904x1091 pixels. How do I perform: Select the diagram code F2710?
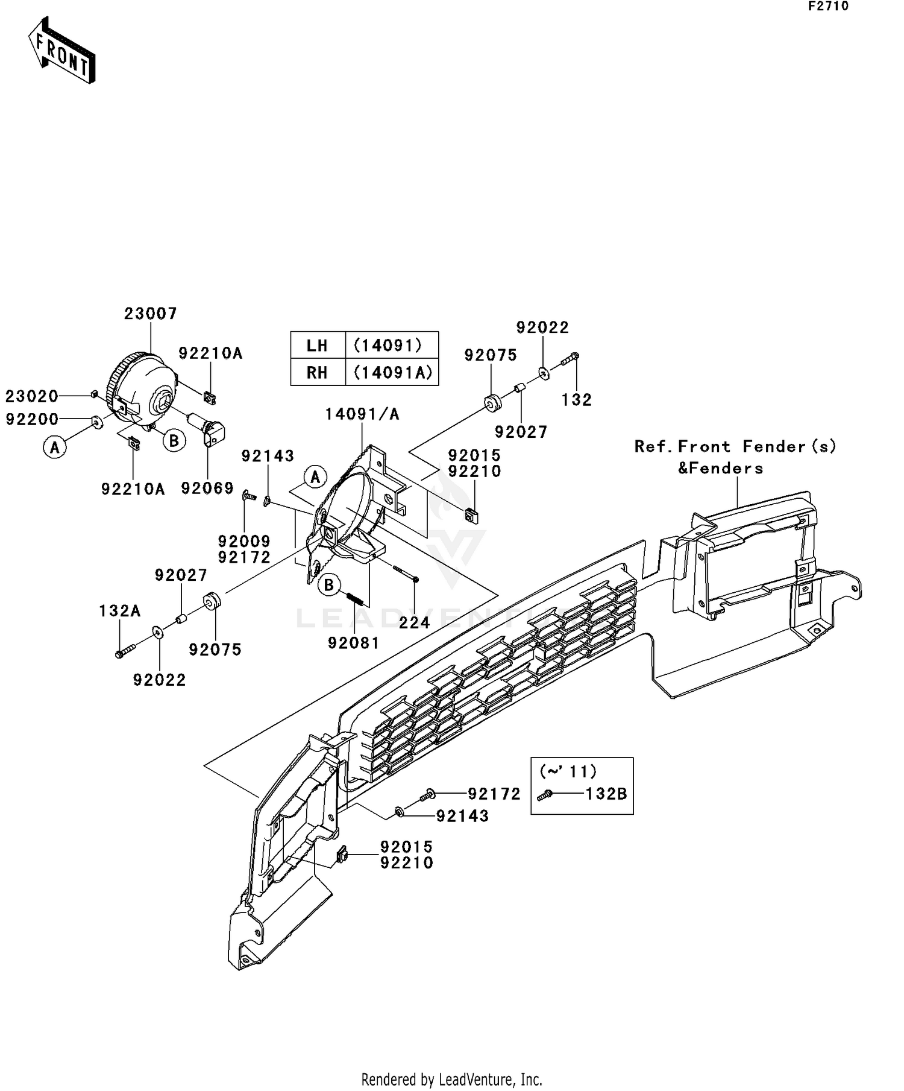coord(828,7)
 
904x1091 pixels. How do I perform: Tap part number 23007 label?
coord(151,314)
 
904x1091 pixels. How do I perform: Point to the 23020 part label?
coord(32,396)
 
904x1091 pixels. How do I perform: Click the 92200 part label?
coord(32,419)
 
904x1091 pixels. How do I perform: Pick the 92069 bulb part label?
coord(207,489)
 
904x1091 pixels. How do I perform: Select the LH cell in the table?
coord(317,346)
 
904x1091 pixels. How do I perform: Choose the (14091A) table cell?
coord(392,372)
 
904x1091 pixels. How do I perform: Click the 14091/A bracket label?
coord(362,414)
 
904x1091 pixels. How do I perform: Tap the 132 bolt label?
coord(577,400)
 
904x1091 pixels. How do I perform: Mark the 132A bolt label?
coord(120,612)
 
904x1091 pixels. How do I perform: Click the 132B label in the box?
coord(606,794)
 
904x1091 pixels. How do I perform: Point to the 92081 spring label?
coord(354,644)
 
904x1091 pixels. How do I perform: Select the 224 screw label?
coord(415,622)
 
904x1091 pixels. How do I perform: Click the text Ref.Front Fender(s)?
coord(735,447)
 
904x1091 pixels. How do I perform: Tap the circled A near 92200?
coord(55,447)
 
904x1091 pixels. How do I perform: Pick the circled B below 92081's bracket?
coord(329,585)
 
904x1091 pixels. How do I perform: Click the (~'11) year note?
coord(568,771)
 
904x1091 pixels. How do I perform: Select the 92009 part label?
coord(244,542)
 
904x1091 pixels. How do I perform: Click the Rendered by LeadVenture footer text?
coord(451,1080)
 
